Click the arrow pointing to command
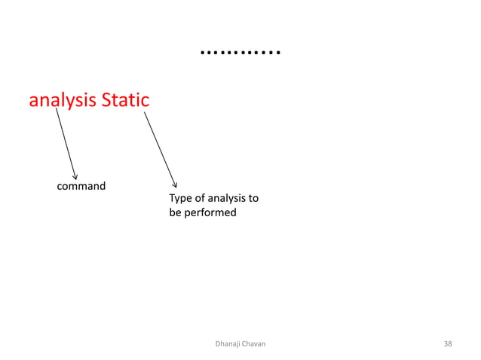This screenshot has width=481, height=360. click(66, 144)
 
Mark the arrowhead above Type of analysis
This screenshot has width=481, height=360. click(175, 183)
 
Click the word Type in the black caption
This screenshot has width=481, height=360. click(181, 199)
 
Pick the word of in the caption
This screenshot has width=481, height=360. click(201, 199)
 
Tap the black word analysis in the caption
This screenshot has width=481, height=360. click(228, 199)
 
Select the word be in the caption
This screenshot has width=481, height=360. click(175, 213)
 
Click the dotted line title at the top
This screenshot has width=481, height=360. click(240, 53)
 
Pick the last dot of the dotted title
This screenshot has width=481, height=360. click(278, 54)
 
